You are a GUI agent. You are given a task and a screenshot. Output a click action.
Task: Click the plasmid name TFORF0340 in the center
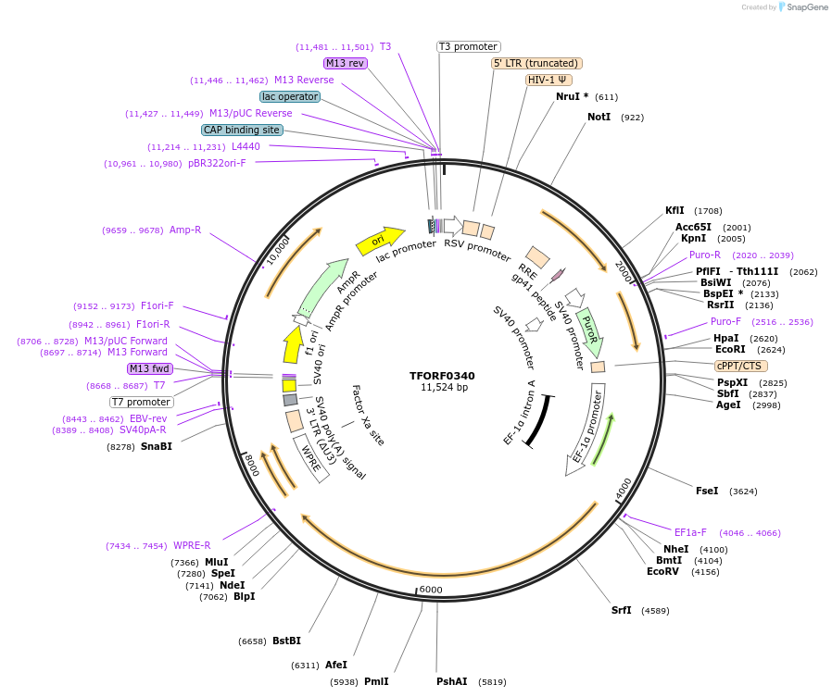[442, 376]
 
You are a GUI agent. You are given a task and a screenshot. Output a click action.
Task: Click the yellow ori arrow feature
[380, 241]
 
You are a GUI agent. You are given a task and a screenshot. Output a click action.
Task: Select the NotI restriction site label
[599, 118]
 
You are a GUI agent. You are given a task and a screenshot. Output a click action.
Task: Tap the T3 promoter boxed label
[468, 46]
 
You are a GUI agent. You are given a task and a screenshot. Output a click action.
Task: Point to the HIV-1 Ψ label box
[548, 80]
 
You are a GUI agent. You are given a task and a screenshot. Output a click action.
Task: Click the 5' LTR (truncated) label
[536, 63]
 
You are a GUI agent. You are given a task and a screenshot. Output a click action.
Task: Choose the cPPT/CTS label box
[739, 366]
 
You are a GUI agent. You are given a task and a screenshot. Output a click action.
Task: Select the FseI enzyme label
[707, 491]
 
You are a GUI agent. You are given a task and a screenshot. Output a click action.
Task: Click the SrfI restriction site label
[622, 610]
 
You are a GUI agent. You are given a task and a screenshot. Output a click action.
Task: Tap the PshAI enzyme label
[452, 681]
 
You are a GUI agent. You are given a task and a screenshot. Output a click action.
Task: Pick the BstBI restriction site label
[286, 641]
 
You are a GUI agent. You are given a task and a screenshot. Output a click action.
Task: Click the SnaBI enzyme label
[157, 446]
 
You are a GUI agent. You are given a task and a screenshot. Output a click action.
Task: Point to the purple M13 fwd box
[150, 368]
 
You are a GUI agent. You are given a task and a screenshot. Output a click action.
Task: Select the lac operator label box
[290, 96]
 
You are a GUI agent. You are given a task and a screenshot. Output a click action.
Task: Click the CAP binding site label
[242, 131]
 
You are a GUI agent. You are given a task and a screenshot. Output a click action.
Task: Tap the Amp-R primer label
[184, 230]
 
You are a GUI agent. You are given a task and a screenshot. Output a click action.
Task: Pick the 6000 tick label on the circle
[432, 590]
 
